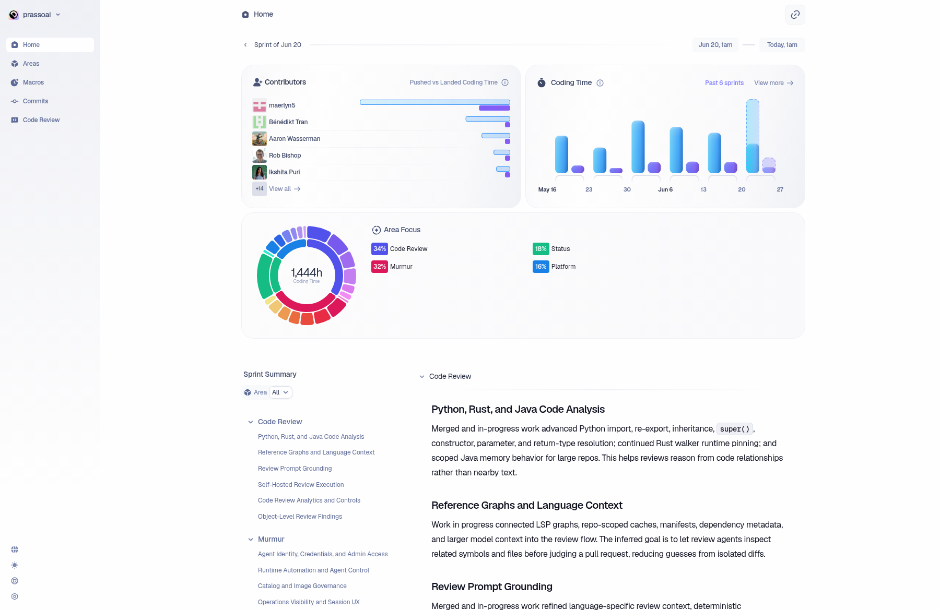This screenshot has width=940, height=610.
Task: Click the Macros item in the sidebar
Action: [33, 82]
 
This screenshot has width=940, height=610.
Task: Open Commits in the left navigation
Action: [36, 101]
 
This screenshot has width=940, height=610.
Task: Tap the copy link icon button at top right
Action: [795, 15]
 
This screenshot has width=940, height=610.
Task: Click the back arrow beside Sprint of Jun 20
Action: [245, 45]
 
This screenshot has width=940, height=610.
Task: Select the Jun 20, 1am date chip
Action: [715, 45]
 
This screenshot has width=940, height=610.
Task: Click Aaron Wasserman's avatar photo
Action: [260, 139]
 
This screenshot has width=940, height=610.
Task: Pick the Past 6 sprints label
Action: [724, 83]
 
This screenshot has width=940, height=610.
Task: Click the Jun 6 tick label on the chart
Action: [665, 189]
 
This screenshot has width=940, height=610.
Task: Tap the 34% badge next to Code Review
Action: [380, 249]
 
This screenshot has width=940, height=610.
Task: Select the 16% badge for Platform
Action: [541, 267]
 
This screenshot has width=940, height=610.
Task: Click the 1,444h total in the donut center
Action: [307, 273]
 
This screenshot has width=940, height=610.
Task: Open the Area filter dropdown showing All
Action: [280, 392]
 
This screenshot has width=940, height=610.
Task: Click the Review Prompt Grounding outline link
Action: [295, 469]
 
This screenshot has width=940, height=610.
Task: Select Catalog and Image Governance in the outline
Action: [302, 586]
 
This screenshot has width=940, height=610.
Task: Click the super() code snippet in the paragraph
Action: [735, 429]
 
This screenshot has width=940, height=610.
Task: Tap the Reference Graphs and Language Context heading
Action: [527, 505]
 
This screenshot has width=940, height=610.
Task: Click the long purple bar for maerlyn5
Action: [495, 108]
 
